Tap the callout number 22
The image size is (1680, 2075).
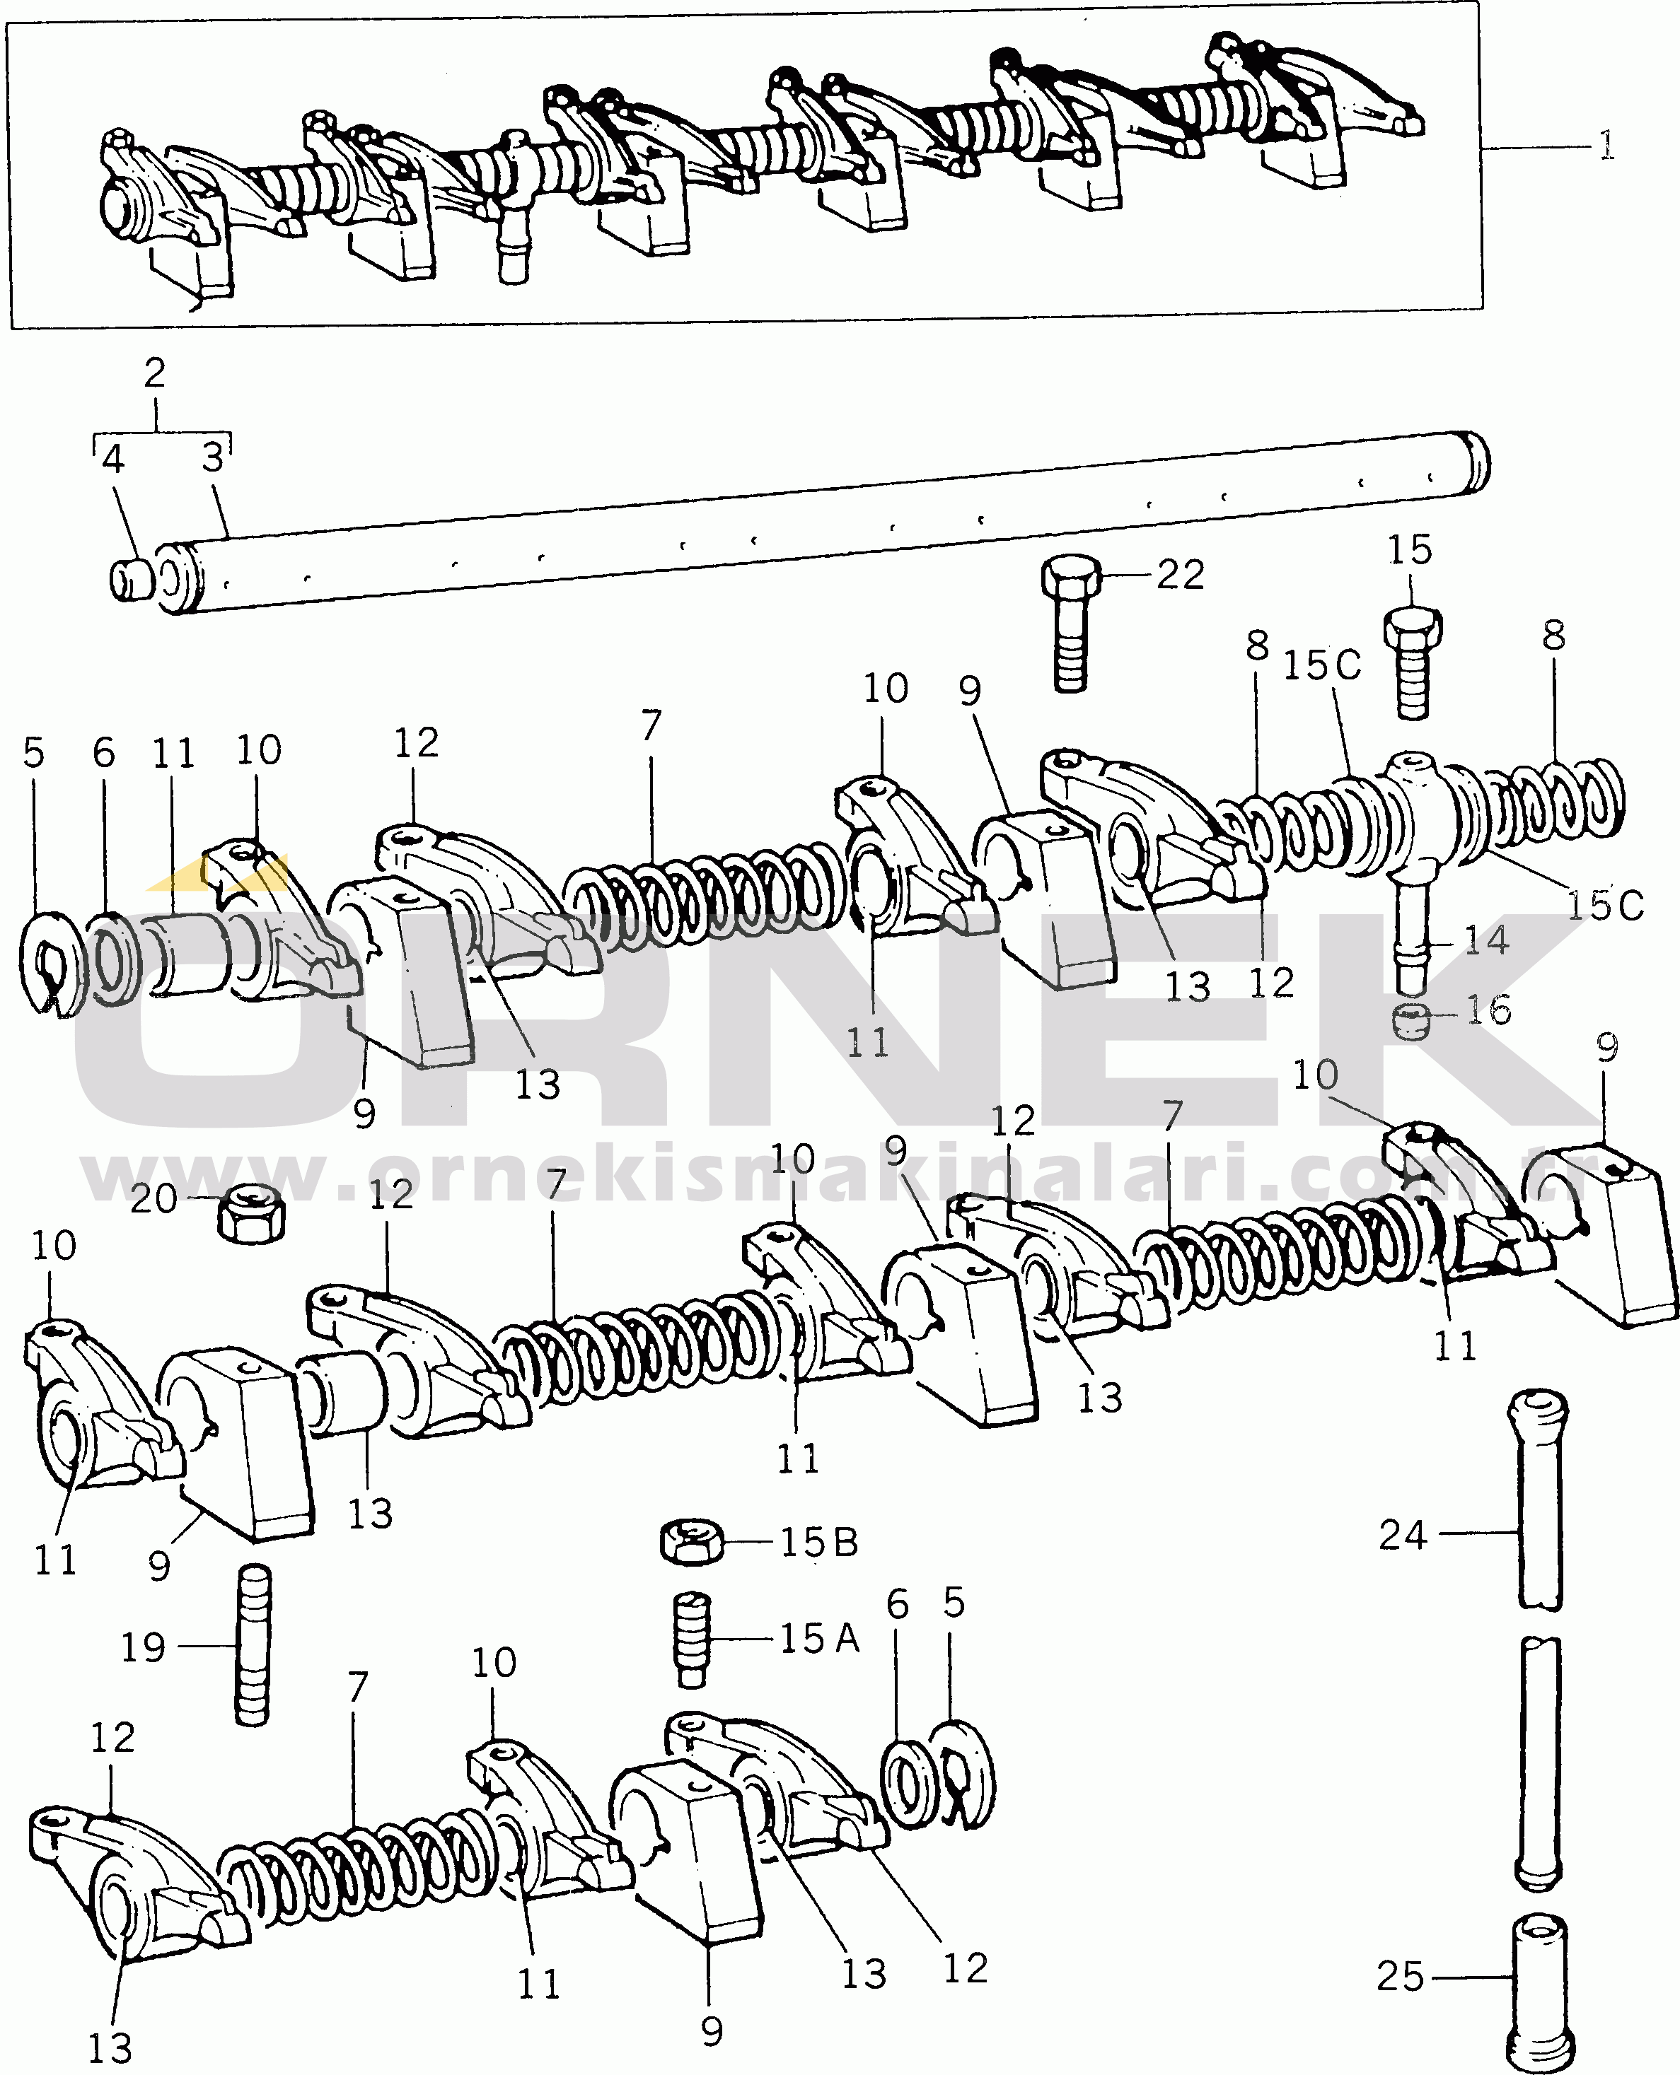click(1181, 575)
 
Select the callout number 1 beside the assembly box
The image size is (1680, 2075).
click(1606, 146)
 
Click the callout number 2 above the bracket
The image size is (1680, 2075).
click(155, 373)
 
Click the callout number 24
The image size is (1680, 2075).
click(1402, 1535)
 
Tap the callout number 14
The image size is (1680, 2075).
click(1485, 940)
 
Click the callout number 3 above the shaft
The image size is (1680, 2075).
click(213, 457)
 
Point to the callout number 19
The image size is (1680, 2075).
click(143, 1647)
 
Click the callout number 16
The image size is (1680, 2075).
click(1488, 1011)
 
